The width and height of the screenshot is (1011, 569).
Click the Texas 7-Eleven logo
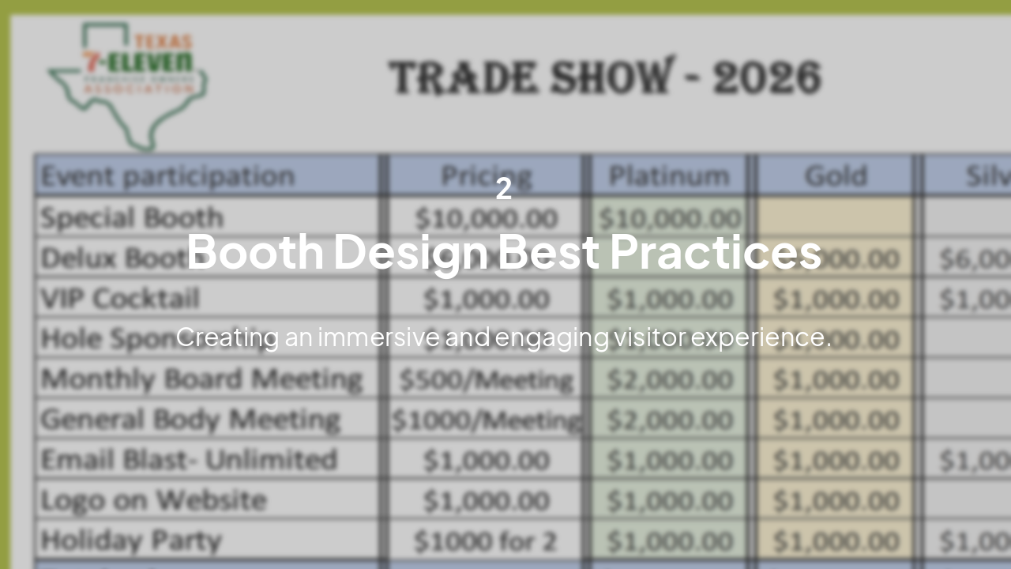coord(126,83)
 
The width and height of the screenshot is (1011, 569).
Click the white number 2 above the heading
coord(504,189)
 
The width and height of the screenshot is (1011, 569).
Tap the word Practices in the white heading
coord(716,251)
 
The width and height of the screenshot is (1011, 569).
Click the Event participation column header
coord(167,175)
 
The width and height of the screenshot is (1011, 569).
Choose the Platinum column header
coord(669,175)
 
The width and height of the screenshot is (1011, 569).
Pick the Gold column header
coord(836,175)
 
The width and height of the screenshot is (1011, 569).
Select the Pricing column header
coord(486,175)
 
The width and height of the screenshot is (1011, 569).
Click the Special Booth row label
coord(132,217)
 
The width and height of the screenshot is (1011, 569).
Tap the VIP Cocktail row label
coord(120,299)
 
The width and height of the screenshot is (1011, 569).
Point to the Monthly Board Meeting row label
coord(201,379)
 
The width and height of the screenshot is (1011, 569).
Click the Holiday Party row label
coord(131,541)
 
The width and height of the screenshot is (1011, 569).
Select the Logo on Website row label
coord(153,500)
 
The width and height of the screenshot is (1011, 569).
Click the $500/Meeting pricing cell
coord(486,380)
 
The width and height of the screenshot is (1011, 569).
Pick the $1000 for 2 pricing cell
coord(486,541)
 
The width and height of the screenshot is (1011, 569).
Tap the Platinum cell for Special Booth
coord(669,218)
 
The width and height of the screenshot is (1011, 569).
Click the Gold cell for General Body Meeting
coord(836,420)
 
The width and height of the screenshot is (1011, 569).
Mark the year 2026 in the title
coord(766,77)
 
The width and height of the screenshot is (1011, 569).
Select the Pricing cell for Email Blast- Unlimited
coord(486,461)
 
